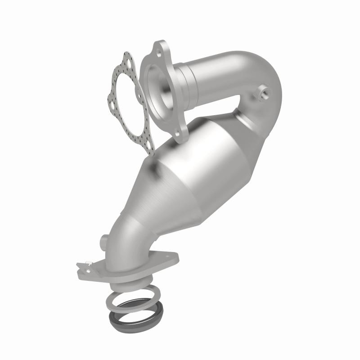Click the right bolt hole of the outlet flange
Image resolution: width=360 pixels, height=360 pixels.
pyautogui.click(x=171, y=257)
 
